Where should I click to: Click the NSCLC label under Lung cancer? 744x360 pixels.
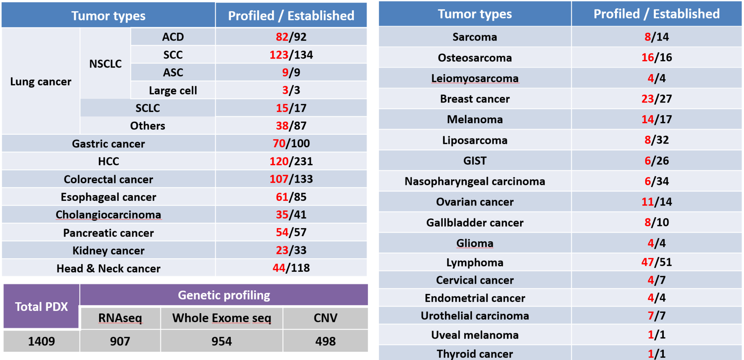click(x=105, y=64)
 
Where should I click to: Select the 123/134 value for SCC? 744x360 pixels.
click(x=291, y=55)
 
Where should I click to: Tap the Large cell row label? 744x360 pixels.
click(x=173, y=90)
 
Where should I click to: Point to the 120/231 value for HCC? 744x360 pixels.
click(x=291, y=161)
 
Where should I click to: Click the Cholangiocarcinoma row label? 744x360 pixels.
click(x=108, y=215)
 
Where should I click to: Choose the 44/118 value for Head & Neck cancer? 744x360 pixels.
click(x=291, y=268)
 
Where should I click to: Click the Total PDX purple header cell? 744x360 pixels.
click(x=41, y=307)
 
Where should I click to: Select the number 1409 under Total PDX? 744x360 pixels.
click(x=41, y=341)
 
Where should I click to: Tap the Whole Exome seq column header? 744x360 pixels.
click(x=222, y=318)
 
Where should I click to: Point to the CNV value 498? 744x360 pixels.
click(x=325, y=341)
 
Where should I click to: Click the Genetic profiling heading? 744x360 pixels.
click(x=224, y=295)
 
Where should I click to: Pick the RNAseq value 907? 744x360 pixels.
click(x=120, y=341)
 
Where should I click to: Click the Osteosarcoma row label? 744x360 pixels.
click(x=475, y=58)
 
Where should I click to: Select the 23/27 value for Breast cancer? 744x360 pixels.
click(x=656, y=99)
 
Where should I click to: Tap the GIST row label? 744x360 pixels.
click(x=475, y=161)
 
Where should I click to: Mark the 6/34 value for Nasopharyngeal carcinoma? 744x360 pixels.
click(x=656, y=181)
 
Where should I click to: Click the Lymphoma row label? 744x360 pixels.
click(x=475, y=262)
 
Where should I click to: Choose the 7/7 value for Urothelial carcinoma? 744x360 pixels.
click(x=656, y=316)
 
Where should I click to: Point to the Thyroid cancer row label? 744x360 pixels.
click(x=475, y=354)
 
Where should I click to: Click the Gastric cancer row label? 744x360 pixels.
click(x=108, y=143)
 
